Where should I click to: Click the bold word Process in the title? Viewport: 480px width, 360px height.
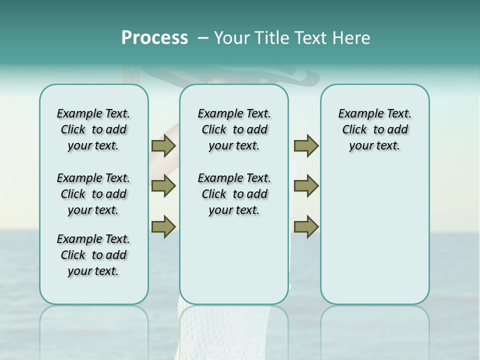tap(154, 38)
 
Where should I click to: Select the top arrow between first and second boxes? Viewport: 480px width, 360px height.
tap(163, 145)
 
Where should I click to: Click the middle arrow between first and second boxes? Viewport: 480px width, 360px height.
tap(163, 186)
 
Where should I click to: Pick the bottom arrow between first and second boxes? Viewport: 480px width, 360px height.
tap(163, 226)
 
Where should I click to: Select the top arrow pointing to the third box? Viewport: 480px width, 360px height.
tap(306, 145)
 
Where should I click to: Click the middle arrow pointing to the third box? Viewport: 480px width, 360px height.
tap(306, 186)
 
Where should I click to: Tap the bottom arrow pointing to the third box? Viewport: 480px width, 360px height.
tap(306, 226)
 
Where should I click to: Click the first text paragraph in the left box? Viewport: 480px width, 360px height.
tap(93, 129)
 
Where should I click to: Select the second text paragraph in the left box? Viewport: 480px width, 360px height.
tap(93, 194)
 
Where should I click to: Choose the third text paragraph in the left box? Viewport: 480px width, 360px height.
tap(93, 255)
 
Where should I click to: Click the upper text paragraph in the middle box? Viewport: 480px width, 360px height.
tap(234, 129)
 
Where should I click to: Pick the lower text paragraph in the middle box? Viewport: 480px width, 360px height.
tap(234, 194)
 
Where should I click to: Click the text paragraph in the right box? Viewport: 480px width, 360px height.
tap(374, 129)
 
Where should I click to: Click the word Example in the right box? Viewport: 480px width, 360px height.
tap(357, 114)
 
